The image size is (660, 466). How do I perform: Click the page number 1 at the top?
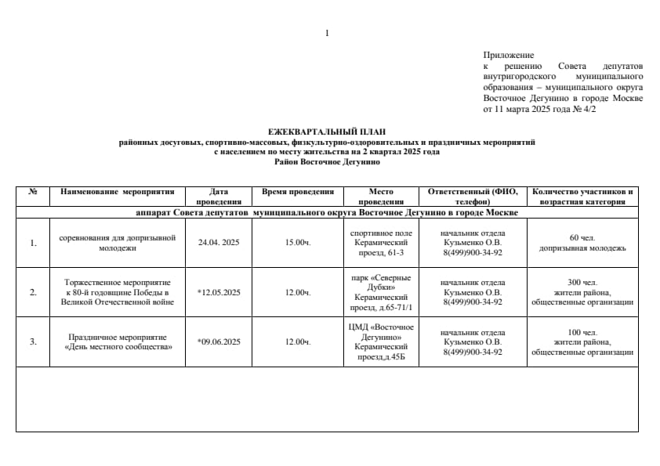[326, 33]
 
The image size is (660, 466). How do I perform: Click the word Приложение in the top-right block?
[509, 55]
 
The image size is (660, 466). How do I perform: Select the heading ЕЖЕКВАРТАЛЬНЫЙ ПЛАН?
[327, 132]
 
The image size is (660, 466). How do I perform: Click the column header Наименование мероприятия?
[117, 191]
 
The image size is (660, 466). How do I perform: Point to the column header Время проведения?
[297, 191]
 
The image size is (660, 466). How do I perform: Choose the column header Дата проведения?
[219, 196]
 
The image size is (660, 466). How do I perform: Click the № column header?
[33, 191]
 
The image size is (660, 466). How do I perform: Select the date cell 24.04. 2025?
[219, 242]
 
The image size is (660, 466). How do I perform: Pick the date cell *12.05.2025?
[219, 292]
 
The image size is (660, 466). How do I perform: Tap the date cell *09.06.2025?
[219, 341]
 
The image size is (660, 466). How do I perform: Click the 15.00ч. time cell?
[297, 242]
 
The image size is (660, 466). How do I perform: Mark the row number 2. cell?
[33, 292]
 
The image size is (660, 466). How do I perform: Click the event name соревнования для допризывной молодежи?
[117, 242]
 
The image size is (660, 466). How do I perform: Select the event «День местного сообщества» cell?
[117, 341]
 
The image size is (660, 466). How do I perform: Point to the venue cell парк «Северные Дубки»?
[381, 282]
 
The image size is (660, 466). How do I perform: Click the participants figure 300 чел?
[582, 282]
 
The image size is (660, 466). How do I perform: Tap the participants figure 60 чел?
[582, 237]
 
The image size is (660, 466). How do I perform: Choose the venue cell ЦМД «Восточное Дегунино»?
[381, 331]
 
